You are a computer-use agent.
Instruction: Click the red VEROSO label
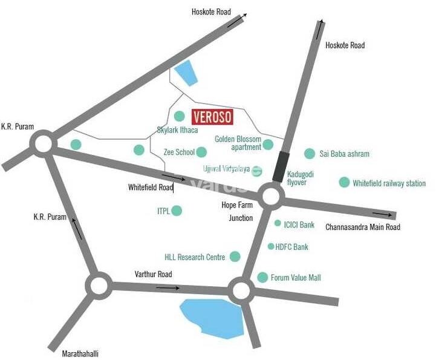coord(212,116)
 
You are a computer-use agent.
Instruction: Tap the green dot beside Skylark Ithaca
coord(179,116)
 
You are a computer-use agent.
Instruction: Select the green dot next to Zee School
coord(202,152)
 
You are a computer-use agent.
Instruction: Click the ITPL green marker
coord(177,211)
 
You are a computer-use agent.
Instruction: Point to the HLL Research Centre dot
coord(235,257)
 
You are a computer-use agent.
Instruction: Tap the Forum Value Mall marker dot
coord(262,277)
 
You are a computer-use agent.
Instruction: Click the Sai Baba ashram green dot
coord(310,154)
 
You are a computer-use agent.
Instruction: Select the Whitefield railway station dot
coord(344,182)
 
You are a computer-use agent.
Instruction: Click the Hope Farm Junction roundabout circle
coord(271,195)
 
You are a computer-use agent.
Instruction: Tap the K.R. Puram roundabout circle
coord(43,145)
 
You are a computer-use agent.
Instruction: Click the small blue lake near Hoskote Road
coord(186,73)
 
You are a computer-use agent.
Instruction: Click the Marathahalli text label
coord(80,353)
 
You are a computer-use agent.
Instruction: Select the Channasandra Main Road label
coord(363,227)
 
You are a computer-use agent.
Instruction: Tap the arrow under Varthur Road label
coord(163,287)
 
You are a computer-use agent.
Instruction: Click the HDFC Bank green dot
coord(271,246)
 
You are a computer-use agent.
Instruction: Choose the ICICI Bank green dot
coord(278,223)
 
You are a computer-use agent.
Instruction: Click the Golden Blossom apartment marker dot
coord(268,145)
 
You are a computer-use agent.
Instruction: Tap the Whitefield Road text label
coord(151,188)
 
